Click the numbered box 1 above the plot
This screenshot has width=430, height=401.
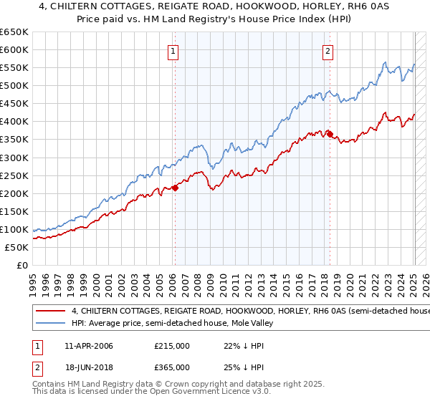(174, 51)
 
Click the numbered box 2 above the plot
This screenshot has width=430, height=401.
(328, 51)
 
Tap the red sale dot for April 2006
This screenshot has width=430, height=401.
(175, 188)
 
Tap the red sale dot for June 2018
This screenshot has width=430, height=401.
(329, 133)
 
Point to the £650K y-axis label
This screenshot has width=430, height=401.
(14, 32)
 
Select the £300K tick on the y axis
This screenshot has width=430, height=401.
(14, 158)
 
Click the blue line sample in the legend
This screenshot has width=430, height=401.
(52, 323)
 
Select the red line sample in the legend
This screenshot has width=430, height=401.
(52, 311)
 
